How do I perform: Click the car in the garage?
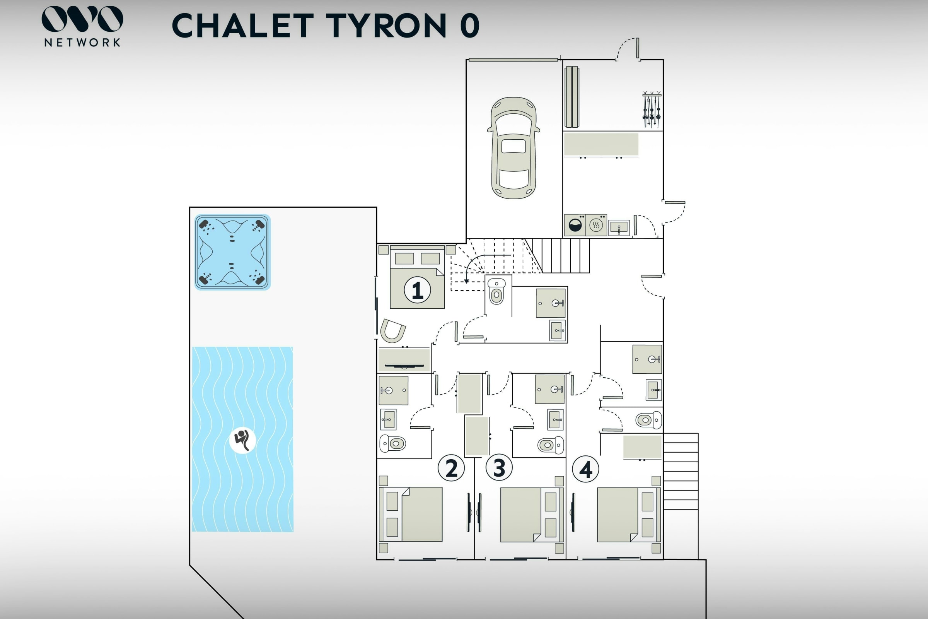[x=513, y=148]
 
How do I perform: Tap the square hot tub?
[x=232, y=252]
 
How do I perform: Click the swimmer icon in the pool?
[x=242, y=440]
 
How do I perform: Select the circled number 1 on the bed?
[x=417, y=290]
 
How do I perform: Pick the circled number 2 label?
[x=451, y=468]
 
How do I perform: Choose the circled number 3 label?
[x=499, y=468]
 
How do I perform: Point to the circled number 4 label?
[x=585, y=469]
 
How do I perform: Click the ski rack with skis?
[x=652, y=109]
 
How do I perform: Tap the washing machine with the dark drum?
[x=575, y=226]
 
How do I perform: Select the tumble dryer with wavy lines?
[x=596, y=226]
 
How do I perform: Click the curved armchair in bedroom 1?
[x=392, y=331]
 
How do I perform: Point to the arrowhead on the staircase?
[x=466, y=281]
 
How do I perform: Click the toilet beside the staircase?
[x=496, y=291]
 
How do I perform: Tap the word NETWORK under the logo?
[x=82, y=43]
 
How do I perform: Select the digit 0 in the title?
[x=469, y=26]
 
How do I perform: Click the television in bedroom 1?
[x=404, y=366]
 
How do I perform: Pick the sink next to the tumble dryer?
[x=619, y=228]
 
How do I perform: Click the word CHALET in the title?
[x=243, y=26]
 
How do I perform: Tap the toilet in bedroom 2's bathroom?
[x=392, y=444]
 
